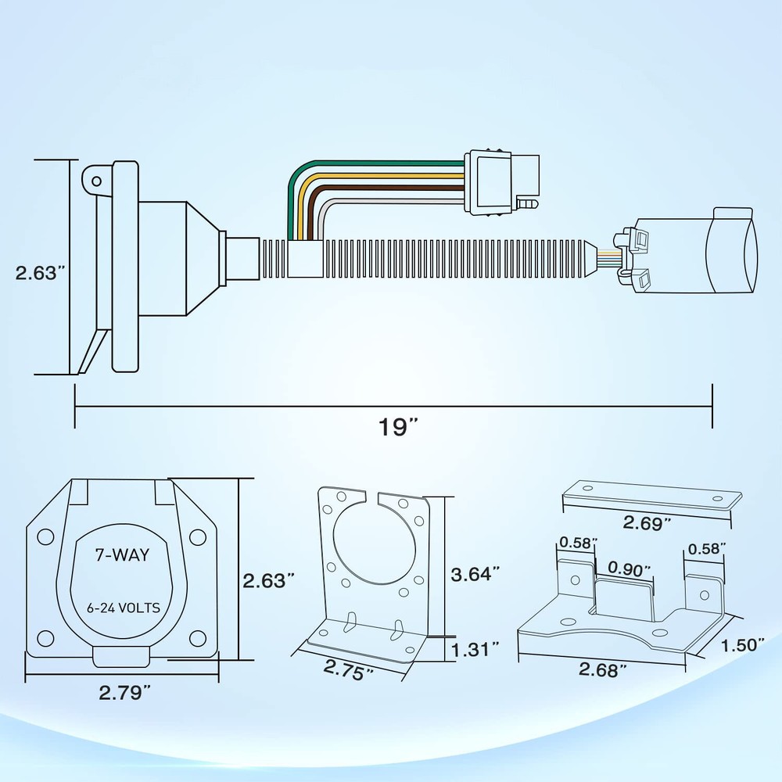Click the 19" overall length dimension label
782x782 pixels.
[397, 427]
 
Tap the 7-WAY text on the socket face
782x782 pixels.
[122, 554]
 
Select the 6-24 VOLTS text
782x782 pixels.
[124, 608]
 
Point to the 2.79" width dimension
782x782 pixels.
[124, 692]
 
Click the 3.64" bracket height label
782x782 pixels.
[475, 574]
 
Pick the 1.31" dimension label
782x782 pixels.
[475, 649]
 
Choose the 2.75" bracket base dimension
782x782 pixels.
[348, 669]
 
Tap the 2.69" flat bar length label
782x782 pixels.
[647, 523]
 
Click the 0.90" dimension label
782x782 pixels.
[629, 569]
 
